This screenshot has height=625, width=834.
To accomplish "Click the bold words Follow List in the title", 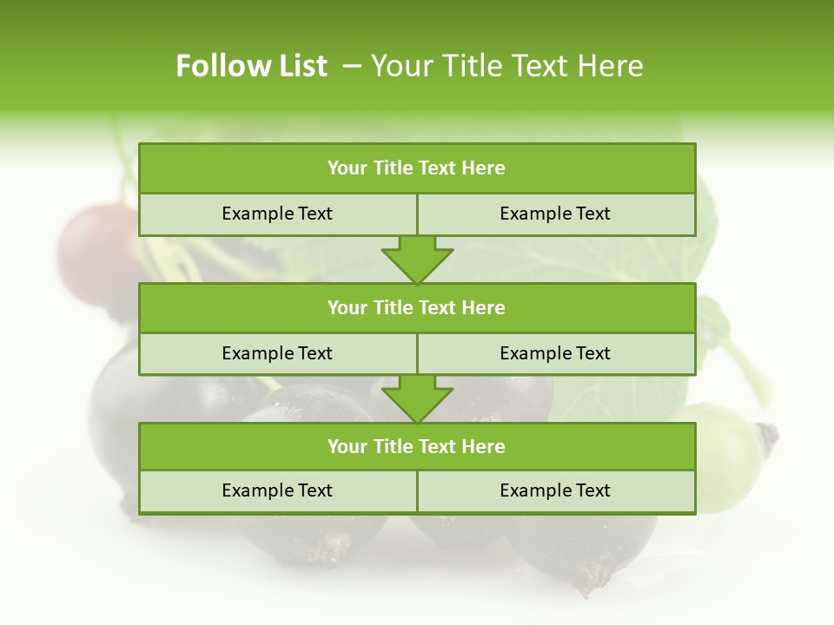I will [x=251, y=66].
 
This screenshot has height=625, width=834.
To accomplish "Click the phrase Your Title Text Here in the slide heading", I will [x=506, y=66].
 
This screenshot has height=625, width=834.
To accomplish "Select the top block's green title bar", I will [x=417, y=168].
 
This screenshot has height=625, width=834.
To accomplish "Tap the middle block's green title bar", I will [x=417, y=307].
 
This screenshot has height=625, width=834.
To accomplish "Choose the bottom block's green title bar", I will [x=417, y=446].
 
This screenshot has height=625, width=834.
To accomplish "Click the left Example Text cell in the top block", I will [x=277, y=214].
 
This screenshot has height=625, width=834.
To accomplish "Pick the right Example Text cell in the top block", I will [x=555, y=214].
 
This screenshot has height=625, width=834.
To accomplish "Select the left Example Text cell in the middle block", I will [x=277, y=353].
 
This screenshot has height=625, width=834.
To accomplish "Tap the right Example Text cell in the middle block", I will [x=555, y=353].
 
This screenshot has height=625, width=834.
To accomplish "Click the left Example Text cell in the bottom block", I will [x=277, y=490].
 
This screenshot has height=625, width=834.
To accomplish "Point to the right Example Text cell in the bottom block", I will [x=555, y=490].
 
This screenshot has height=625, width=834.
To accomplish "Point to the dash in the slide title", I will [x=352, y=66].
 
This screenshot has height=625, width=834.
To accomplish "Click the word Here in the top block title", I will [x=484, y=168].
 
